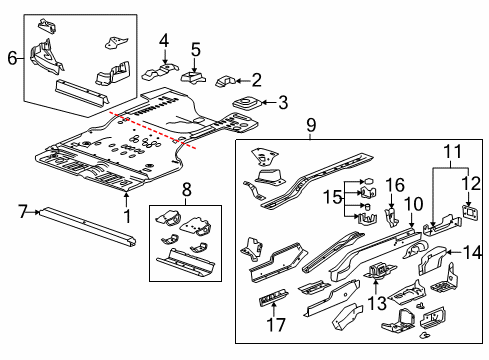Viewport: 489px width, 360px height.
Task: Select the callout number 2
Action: [x=258, y=80]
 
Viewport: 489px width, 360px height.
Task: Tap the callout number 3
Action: [x=284, y=101]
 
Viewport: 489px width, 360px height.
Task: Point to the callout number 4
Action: [x=164, y=41]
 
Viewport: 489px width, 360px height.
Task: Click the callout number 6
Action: [x=11, y=58]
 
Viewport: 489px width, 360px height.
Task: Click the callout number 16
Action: [x=397, y=185]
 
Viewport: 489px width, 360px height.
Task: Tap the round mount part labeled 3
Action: [x=244, y=103]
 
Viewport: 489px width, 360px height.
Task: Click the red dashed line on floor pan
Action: [x=160, y=130]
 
